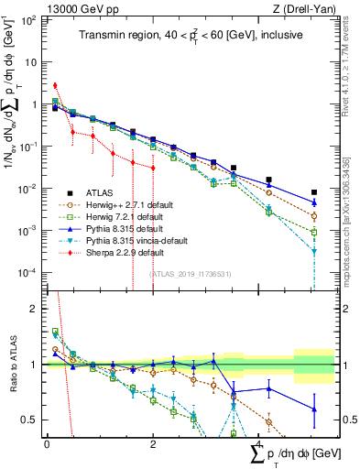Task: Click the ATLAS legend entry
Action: point(102,193)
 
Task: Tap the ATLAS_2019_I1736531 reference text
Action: point(189,274)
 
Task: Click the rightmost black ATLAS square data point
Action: point(313,192)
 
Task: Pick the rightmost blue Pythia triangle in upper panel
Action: point(313,202)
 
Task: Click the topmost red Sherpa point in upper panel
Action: point(55,86)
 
